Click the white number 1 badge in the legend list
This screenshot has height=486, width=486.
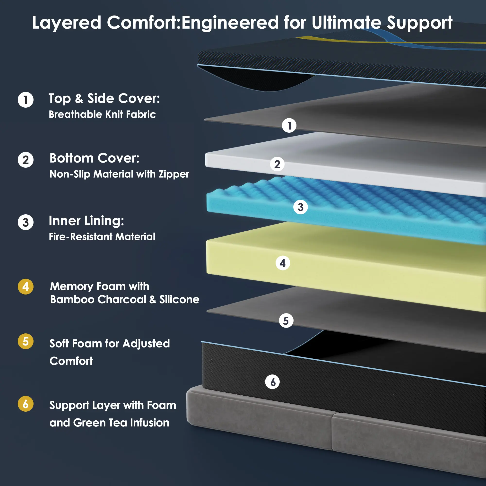click(x=26, y=100)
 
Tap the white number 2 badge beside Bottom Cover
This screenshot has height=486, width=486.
click(x=26, y=160)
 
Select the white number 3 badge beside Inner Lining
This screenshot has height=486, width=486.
click(x=26, y=222)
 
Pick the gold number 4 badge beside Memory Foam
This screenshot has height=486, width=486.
click(x=26, y=286)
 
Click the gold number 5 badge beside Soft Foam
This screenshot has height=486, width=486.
click(x=26, y=341)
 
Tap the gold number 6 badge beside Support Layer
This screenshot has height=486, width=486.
click(x=26, y=404)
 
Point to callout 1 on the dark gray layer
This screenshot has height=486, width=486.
click(x=289, y=126)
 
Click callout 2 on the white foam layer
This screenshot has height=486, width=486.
click(x=277, y=164)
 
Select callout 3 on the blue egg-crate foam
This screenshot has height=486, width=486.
click(x=300, y=207)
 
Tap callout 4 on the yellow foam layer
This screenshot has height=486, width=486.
click(x=283, y=263)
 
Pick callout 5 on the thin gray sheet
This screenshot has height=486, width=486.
click(x=286, y=321)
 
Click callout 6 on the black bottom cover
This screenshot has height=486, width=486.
click(x=272, y=382)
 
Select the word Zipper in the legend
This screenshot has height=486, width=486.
click(x=174, y=174)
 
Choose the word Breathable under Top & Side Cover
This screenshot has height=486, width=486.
click(x=75, y=114)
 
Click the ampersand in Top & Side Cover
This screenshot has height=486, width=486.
click(x=79, y=98)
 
